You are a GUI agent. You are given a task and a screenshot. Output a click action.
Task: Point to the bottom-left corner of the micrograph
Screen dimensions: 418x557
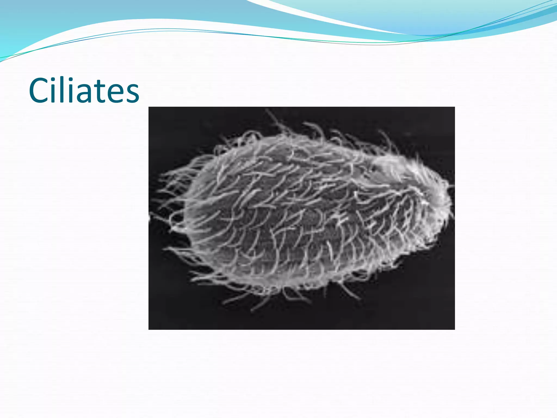point(149,329)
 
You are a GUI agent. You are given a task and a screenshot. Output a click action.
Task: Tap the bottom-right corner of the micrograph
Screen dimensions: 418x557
point(454,329)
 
